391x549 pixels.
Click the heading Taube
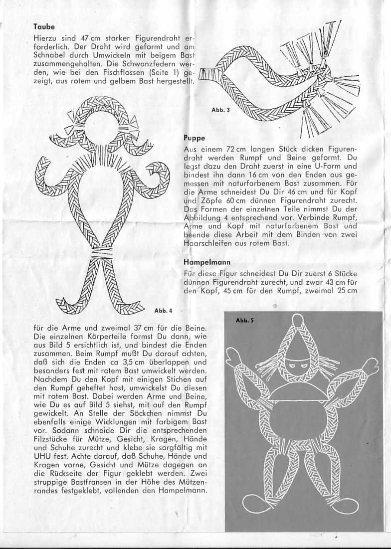coord(44,27)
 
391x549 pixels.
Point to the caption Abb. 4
coord(163,311)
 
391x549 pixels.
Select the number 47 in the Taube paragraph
coord(88,38)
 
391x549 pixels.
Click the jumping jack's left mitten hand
coord(233,357)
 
